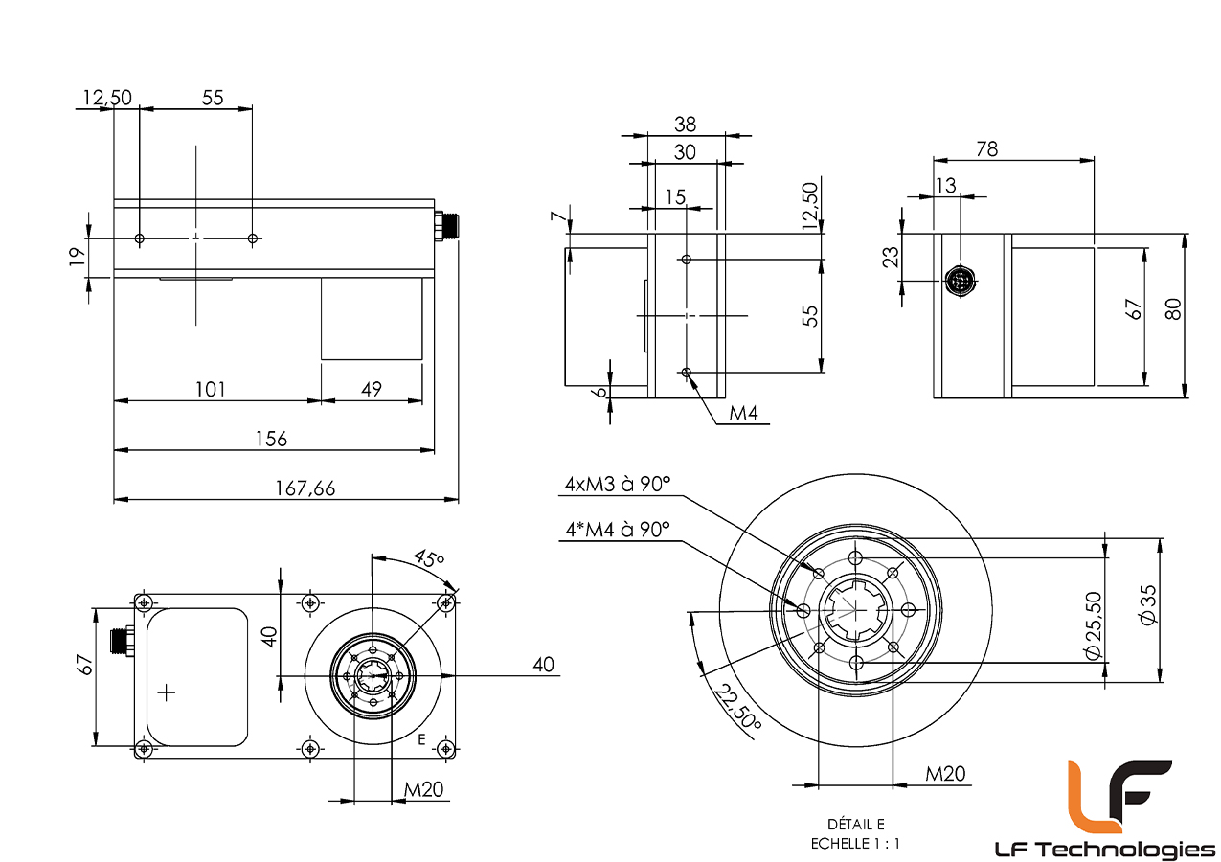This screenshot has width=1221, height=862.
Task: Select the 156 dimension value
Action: point(271,439)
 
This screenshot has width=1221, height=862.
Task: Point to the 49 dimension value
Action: point(372,389)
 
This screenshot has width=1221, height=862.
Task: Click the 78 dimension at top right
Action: point(986,148)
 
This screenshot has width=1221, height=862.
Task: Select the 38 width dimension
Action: point(685,124)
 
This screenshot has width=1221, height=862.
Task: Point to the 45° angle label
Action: point(429,558)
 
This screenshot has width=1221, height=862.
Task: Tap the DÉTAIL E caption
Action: point(856,824)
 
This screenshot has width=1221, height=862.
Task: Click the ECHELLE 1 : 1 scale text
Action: point(855,844)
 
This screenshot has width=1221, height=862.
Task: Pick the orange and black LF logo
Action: point(1119,796)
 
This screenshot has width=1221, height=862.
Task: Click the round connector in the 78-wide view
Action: point(958,281)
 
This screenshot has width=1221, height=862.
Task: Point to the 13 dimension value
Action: point(945,186)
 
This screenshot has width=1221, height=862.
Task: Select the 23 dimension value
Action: point(892,257)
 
